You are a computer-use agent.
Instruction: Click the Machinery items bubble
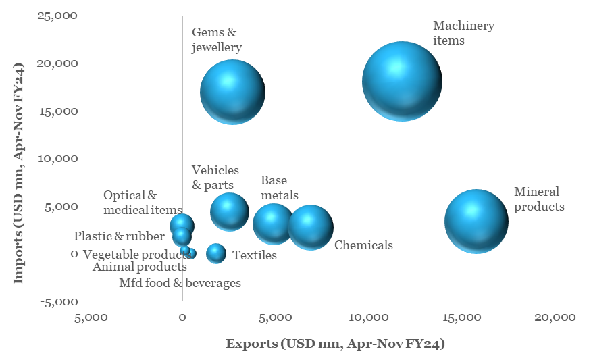click(402, 81)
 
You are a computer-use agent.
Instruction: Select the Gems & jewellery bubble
click(232, 92)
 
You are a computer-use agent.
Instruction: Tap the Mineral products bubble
click(476, 221)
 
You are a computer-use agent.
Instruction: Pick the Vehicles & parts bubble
click(230, 212)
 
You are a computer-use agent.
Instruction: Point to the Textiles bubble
click(215, 253)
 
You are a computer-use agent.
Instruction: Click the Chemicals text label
click(363, 245)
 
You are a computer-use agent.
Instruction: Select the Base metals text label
click(280, 188)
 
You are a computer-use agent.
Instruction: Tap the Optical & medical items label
click(143, 203)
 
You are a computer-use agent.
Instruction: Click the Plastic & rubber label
click(119, 236)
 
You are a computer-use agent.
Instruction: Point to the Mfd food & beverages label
click(180, 283)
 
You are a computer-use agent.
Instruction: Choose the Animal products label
click(140, 267)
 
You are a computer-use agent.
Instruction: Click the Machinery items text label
click(463, 32)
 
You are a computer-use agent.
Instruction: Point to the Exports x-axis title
click(335, 344)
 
